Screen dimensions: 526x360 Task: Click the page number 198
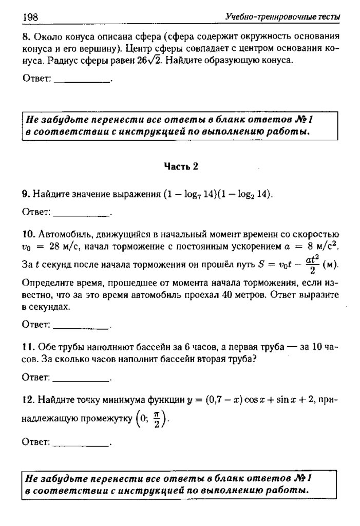point(30,18)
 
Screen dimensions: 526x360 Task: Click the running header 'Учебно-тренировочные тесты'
point(282,18)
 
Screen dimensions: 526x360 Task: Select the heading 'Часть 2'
point(181,166)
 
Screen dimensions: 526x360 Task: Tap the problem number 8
point(25,37)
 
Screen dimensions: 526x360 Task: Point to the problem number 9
point(25,194)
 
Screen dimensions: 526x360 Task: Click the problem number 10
point(28,235)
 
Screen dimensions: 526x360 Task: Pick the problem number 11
point(27,348)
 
